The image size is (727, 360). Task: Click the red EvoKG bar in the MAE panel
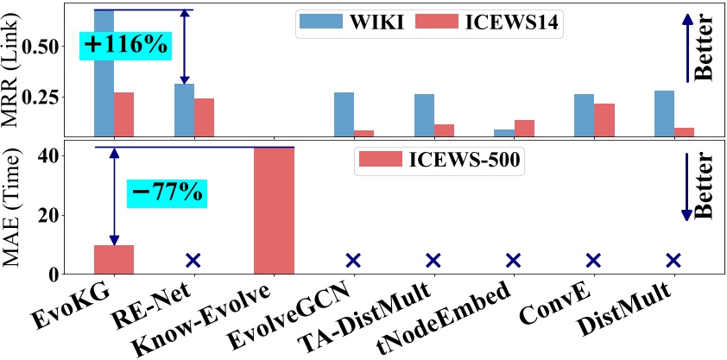113,259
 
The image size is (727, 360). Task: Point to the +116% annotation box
125,45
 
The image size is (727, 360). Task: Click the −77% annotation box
167,192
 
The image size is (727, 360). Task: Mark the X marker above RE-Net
193,260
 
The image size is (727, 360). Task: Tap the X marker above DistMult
673,260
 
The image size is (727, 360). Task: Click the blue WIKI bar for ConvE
584,115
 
